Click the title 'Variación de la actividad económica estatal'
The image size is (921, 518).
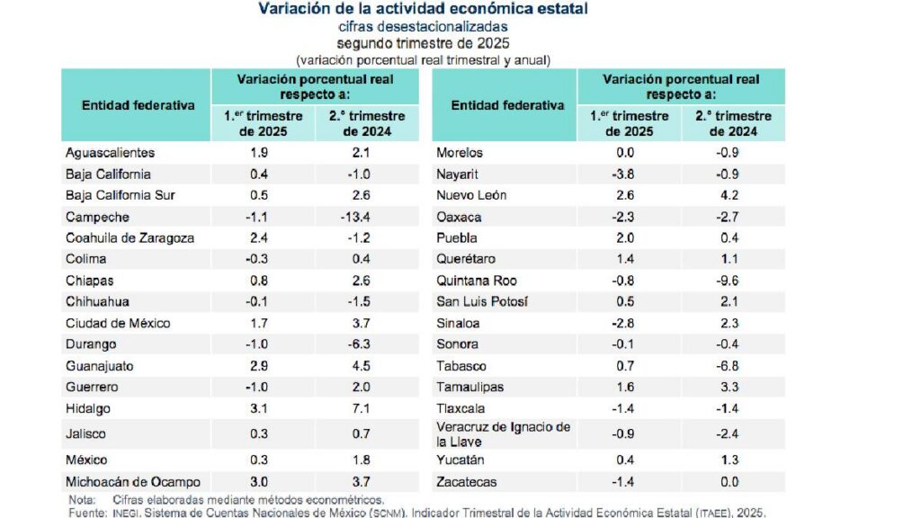(x=423, y=9)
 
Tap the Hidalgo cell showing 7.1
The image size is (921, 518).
(x=367, y=409)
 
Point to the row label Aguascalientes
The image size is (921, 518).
(x=111, y=153)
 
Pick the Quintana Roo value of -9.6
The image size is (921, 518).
(x=730, y=281)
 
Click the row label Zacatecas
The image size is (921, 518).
(x=466, y=482)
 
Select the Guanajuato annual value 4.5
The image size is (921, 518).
(x=367, y=366)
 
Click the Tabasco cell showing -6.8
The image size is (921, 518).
(x=730, y=366)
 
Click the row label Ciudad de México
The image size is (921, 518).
(x=118, y=323)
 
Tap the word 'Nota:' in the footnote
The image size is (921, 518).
(x=82, y=499)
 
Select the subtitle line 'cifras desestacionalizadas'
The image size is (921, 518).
(x=423, y=26)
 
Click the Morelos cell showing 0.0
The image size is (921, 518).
(x=629, y=153)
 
